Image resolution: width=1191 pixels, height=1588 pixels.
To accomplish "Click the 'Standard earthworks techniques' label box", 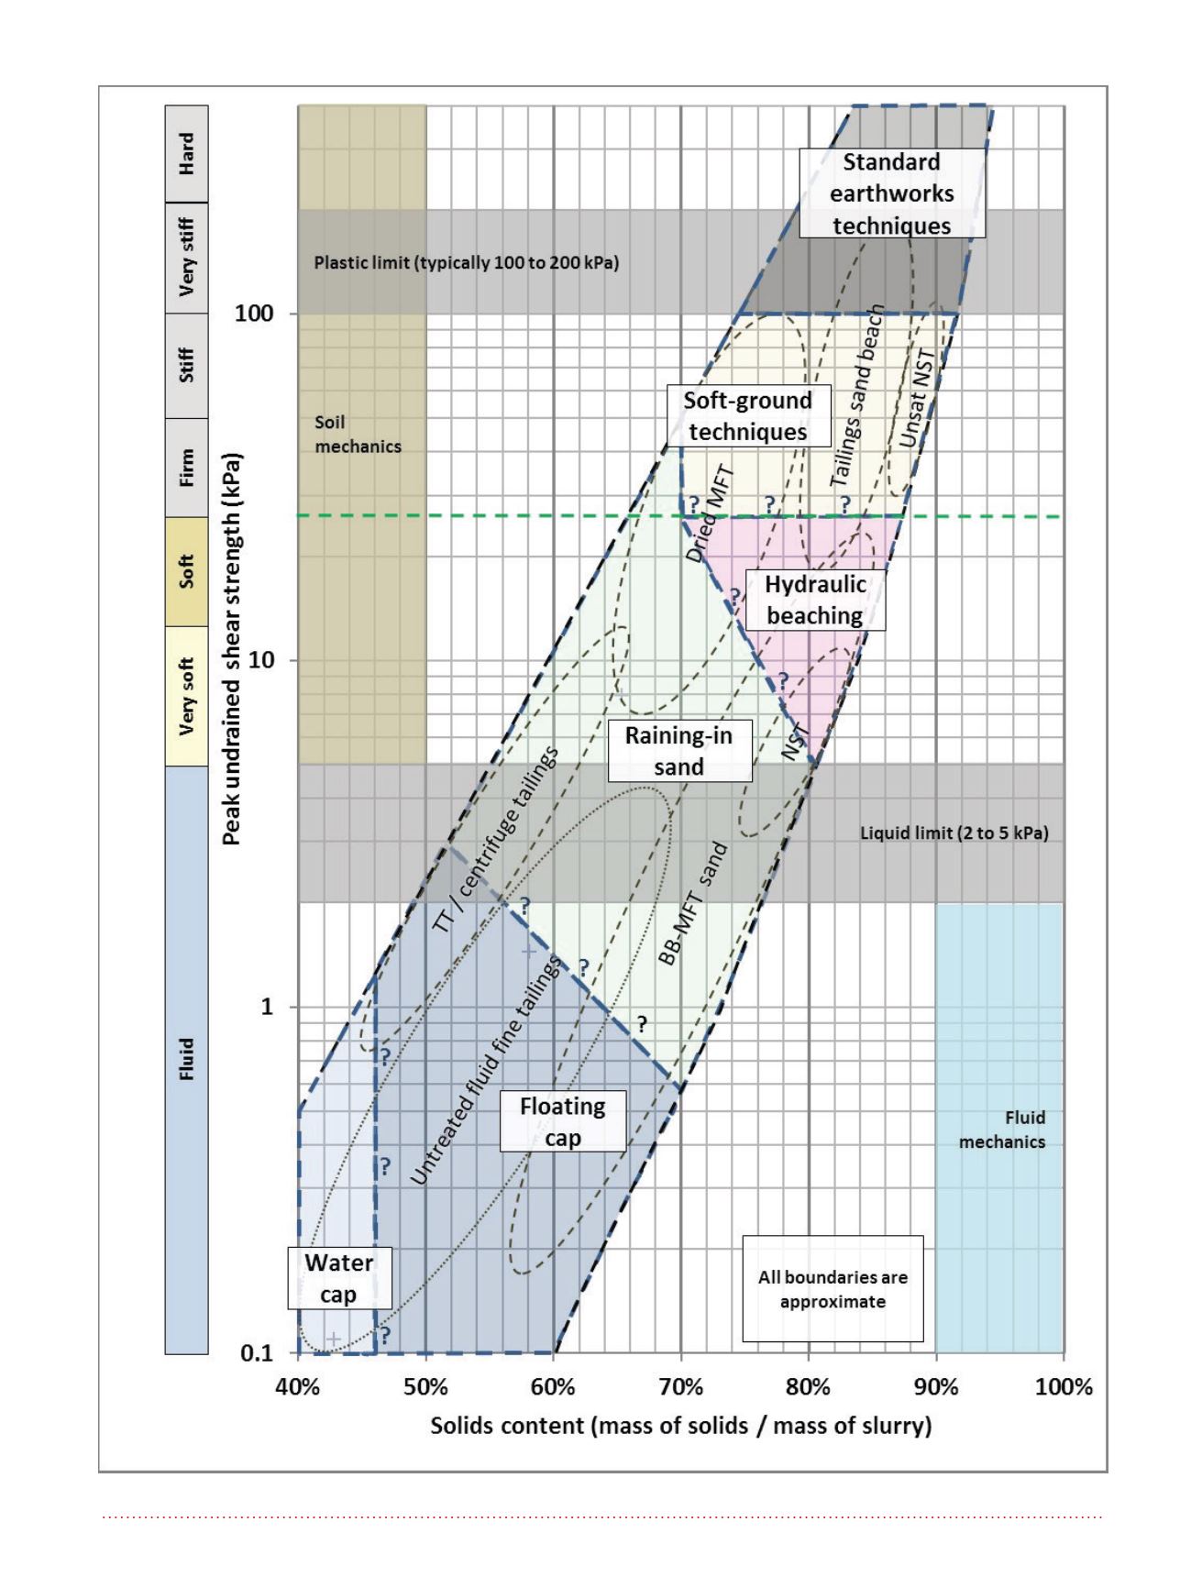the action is tap(892, 193).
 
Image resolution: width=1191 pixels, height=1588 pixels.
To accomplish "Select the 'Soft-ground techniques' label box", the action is tap(748, 416).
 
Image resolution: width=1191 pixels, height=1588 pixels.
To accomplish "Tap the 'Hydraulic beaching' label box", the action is tap(815, 600).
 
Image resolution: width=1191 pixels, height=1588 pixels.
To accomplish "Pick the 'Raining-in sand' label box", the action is tap(679, 751).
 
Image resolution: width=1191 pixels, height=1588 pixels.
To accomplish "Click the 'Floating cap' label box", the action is tap(563, 1121).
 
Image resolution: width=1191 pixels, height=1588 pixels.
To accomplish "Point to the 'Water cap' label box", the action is tap(339, 1278).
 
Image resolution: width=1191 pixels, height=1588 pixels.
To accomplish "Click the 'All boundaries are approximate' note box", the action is tap(833, 1289).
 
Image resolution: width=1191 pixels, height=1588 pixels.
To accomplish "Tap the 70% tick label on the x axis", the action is tap(680, 1386).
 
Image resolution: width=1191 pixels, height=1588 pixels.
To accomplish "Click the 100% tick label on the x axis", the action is tap(1064, 1386).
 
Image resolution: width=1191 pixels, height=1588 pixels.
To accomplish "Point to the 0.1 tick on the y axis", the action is tap(257, 1353).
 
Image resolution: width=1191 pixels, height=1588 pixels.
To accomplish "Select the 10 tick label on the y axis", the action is tap(261, 660).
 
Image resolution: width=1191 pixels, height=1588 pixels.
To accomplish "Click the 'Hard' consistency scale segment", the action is tap(187, 154).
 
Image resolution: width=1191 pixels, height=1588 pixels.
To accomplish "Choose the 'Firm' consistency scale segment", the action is tap(187, 468).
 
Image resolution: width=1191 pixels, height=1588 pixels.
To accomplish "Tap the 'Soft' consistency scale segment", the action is tap(187, 572).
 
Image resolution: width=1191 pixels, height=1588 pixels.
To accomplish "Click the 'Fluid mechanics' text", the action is tap(1002, 1130).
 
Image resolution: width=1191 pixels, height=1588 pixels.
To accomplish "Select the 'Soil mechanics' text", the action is tap(358, 435).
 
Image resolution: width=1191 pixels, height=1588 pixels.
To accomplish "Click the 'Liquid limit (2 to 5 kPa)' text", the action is tap(954, 833).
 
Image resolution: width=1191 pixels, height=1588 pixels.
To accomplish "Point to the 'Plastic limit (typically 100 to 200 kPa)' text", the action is tap(467, 263).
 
